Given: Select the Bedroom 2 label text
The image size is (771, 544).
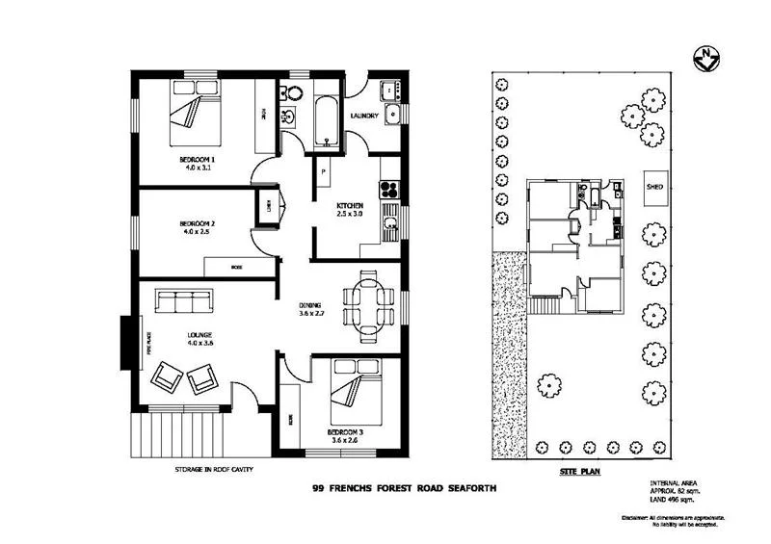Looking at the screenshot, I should tap(197, 227).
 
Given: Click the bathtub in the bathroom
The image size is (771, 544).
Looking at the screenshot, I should tap(326, 122).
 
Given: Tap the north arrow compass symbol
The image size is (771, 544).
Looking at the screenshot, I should tap(706, 59).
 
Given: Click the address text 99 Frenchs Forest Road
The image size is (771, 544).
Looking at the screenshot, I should tap(404, 489).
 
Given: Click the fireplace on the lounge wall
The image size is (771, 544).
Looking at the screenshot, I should tap(126, 342).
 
